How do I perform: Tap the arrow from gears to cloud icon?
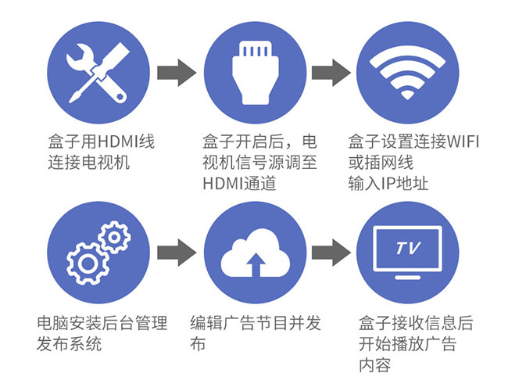pos(176,253)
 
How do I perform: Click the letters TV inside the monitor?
pos(407,249)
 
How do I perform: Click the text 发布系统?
pos(69,344)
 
